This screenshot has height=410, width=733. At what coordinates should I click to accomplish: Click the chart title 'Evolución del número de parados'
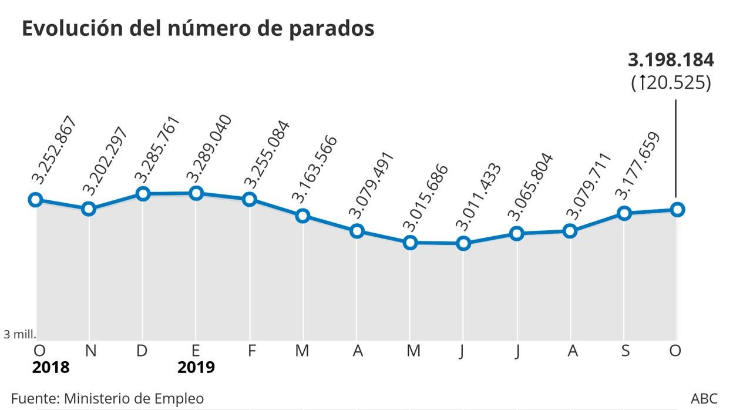click(x=198, y=28)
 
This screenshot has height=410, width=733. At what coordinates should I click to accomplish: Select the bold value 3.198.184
click(x=671, y=60)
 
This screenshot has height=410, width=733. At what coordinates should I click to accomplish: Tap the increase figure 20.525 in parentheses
click(x=671, y=83)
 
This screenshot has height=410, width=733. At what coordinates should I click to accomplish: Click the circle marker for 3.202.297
click(x=89, y=209)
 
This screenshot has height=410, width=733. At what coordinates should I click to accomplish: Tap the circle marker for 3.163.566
click(x=302, y=216)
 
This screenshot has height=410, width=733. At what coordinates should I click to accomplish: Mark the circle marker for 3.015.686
click(x=410, y=242)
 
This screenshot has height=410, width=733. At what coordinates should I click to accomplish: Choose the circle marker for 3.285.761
click(x=142, y=194)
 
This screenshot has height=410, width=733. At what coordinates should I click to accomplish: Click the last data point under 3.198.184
click(x=677, y=209)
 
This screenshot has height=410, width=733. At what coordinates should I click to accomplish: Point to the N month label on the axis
click(x=90, y=351)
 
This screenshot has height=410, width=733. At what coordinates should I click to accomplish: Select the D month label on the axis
click(x=142, y=351)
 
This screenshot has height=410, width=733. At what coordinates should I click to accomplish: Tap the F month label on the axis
click(x=251, y=351)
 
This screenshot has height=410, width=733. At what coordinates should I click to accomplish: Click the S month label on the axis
click(x=626, y=351)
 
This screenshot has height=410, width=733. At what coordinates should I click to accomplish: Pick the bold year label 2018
click(x=51, y=368)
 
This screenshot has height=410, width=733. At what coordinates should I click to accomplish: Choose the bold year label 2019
click(x=196, y=368)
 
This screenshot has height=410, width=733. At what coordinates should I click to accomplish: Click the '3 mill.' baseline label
click(x=20, y=334)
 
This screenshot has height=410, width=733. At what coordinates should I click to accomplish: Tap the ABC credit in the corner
click(x=704, y=398)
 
